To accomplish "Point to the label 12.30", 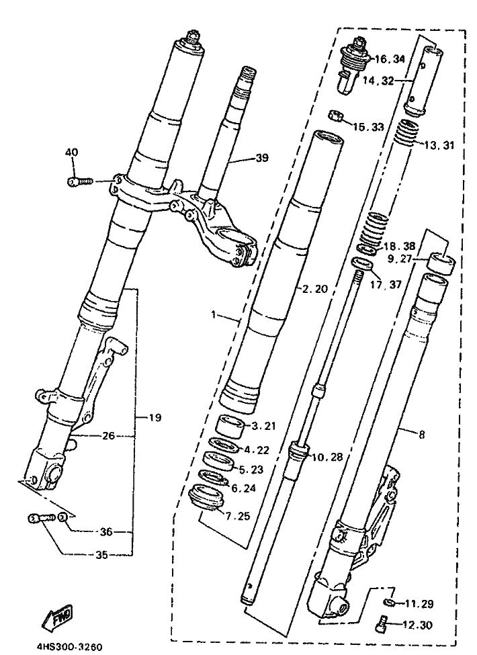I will (x=418, y=625).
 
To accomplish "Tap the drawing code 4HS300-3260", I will (x=69, y=648).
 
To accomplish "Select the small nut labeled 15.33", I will (x=337, y=116).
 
